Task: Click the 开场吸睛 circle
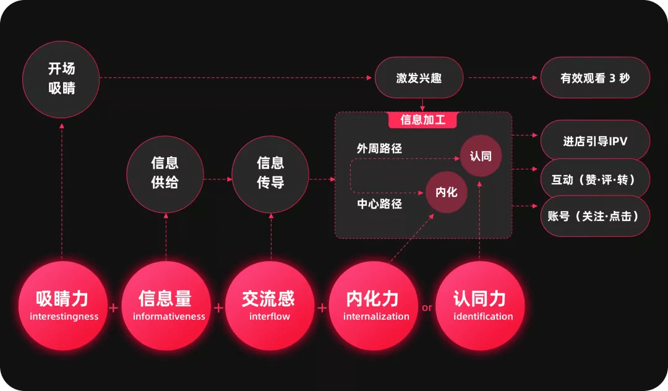[x=61, y=79]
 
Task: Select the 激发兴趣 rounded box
[x=419, y=79]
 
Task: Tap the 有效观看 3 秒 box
[x=595, y=79]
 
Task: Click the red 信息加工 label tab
[x=422, y=119]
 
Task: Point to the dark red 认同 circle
[x=481, y=156]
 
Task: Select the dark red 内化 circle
[x=446, y=192]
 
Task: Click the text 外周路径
[x=379, y=148]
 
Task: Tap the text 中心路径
[x=379, y=204]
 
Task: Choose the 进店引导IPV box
[x=595, y=141]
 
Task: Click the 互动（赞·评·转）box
[x=595, y=179]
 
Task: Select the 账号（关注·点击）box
[x=595, y=217]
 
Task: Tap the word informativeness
[x=168, y=317]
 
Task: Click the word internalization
[x=376, y=317]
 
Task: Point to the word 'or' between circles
[x=427, y=307]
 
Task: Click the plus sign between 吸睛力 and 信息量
[x=114, y=307]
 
